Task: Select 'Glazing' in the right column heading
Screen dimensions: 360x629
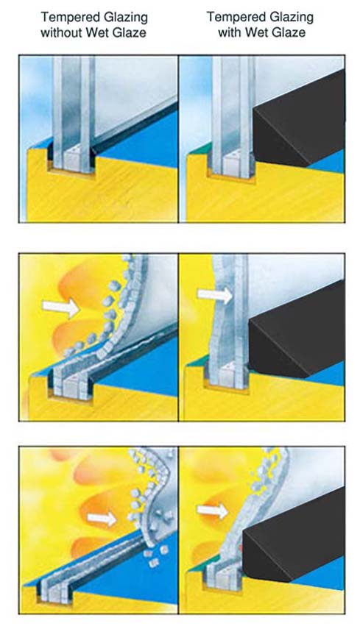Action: (292, 18)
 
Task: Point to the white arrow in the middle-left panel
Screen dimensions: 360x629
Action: (61, 308)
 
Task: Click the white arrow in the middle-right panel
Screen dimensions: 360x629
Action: (215, 295)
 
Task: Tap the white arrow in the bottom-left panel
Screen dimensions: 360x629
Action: (102, 519)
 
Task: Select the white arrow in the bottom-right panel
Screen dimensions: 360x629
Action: (212, 511)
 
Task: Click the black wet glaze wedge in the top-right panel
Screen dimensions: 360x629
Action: (299, 121)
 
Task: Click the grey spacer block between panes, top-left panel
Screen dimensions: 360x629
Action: (72, 159)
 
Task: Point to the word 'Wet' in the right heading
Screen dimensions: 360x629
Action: (256, 32)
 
